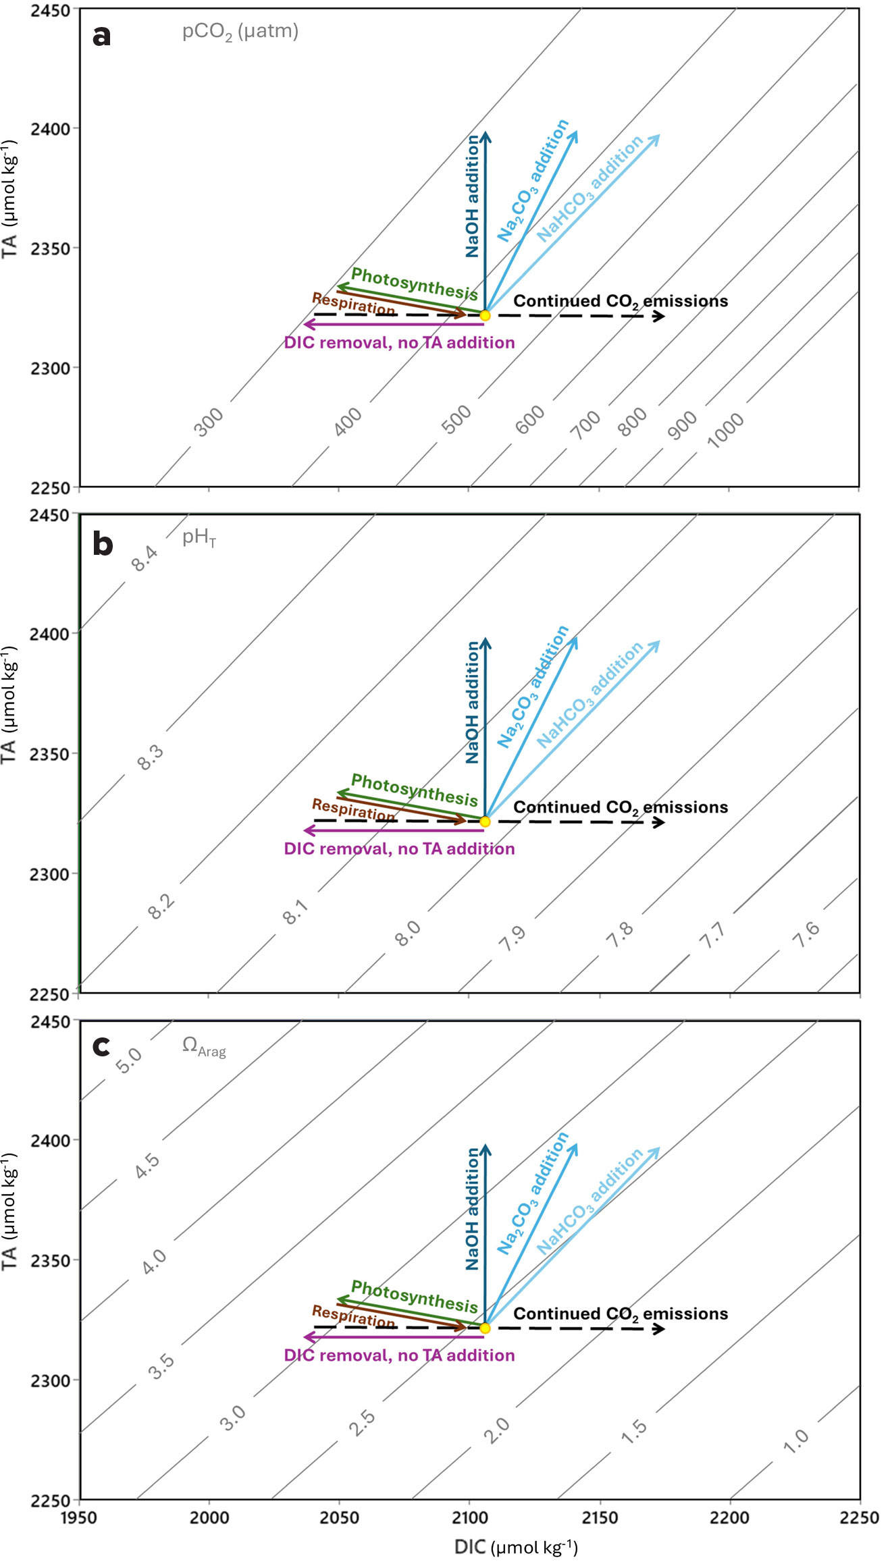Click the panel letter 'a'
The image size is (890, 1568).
[101, 36]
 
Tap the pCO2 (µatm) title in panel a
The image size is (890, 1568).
[240, 32]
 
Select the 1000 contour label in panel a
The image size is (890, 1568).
[725, 430]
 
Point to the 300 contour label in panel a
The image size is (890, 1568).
[208, 422]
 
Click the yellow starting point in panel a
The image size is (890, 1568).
[484, 315]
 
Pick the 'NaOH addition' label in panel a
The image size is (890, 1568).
[472, 196]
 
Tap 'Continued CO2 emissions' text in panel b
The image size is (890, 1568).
[620, 807]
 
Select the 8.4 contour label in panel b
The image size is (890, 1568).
[144, 558]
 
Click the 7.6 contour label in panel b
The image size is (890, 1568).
[806, 934]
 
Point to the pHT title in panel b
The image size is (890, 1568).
[199, 537]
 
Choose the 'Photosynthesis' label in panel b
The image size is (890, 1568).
[414, 790]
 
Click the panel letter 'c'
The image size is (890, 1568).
[101, 1046]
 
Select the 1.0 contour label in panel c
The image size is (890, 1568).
[795, 1440]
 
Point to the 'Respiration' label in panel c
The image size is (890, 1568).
[352, 1316]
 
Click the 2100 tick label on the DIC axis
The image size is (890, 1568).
[469, 1518]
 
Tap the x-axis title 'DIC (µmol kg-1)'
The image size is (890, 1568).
[516, 1547]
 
